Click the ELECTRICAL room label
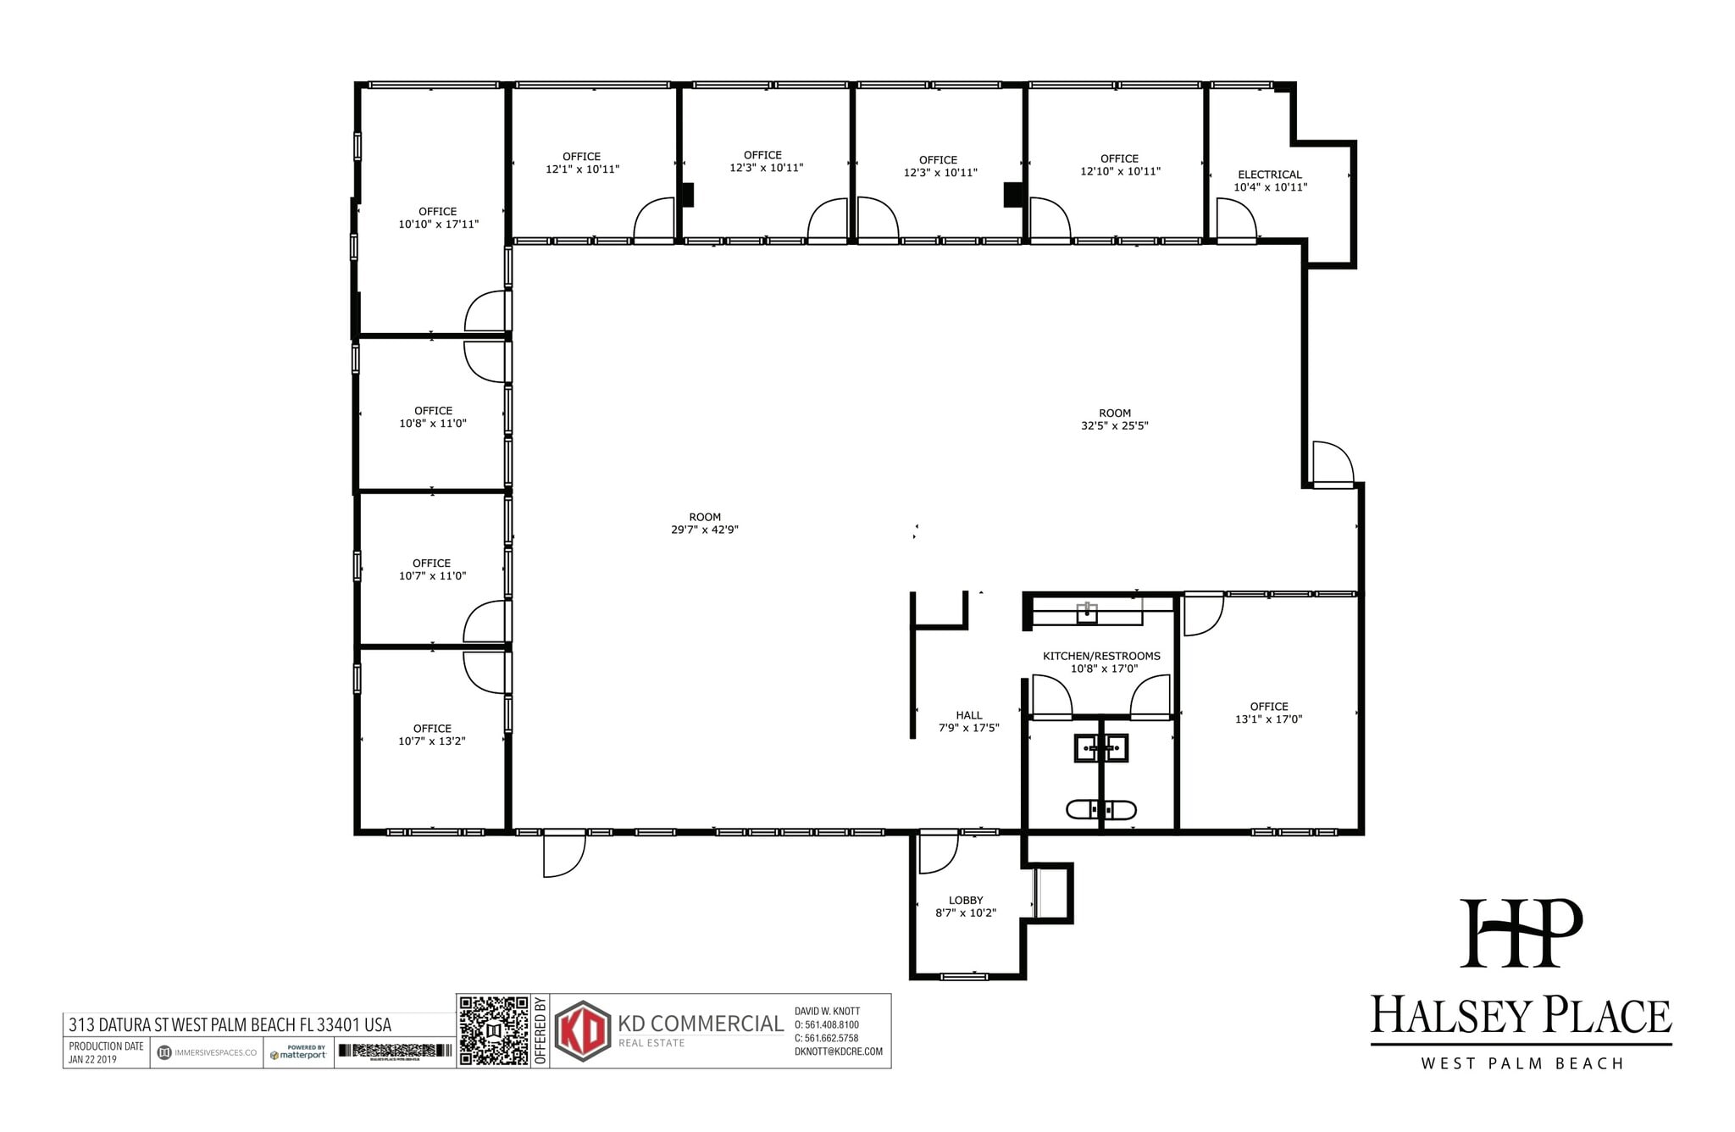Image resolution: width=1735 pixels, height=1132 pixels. pos(1269,175)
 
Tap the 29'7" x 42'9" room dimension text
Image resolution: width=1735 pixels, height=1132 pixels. pos(705,530)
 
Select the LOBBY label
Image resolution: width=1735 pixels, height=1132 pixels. pos(966,900)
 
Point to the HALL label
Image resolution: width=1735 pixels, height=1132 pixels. pos(968,715)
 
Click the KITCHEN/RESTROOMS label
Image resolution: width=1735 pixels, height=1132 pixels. pos(1101,656)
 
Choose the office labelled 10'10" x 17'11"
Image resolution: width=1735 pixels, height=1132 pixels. pos(438,219)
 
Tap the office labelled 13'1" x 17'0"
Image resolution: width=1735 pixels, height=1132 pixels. pos(1268,713)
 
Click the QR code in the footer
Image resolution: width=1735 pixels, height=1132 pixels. pos(494,1030)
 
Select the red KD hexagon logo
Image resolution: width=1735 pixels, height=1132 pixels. pos(583,1030)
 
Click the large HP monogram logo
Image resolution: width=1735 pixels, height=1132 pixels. pos(1521,933)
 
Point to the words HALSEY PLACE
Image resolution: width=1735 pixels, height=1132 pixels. pos(1521,1016)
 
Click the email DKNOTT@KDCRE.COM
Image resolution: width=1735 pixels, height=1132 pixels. pos(838,1052)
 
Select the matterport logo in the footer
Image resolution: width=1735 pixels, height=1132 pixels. pos(298,1053)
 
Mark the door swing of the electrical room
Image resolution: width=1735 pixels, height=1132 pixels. pos(1236,219)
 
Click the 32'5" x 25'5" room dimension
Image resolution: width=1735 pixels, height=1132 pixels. pos(1114,426)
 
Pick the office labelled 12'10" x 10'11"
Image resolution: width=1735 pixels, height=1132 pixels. pos(1119,165)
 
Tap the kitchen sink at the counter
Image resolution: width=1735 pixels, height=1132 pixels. pos(1087,613)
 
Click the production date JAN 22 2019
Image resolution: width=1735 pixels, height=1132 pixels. pos(93,1059)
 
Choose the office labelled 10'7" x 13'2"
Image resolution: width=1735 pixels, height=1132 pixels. pos(432,735)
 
